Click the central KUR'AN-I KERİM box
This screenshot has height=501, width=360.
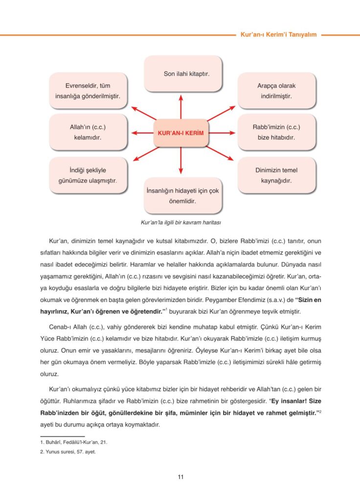click(181, 133)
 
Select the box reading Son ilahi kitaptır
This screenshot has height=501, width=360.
click(182, 74)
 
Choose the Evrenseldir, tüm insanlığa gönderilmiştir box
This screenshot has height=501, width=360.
click(88, 91)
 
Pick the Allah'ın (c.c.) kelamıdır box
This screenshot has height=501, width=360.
click(88, 132)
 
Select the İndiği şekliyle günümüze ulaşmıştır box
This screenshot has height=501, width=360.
click(88, 175)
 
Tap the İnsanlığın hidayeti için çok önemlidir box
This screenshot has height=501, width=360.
click(182, 195)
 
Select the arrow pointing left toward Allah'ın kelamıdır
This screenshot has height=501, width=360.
click(142, 133)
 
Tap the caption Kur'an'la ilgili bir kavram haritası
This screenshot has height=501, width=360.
click(181, 223)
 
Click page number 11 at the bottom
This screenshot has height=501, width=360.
click(180, 477)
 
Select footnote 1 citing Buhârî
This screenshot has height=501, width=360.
click(74, 442)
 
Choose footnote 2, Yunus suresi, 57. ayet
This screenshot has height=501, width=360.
click(68, 452)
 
